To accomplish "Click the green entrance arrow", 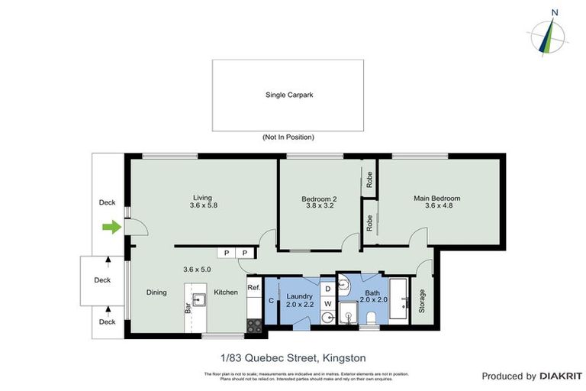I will tap(111, 226).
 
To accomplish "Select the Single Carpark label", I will tap(288, 95).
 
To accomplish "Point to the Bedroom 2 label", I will tap(320, 199).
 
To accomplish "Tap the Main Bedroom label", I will tap(436, 199).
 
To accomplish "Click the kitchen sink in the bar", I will tap(199, 299).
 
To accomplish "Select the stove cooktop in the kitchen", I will tap(254, 325).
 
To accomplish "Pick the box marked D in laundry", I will tap(327, 288).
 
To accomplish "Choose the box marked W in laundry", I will tap(327, 303).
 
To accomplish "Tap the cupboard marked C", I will tap(272, 300).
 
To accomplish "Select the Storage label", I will tap(421, 301).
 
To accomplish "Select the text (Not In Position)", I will tap(288, 137).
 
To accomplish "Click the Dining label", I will tap(157, 292).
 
